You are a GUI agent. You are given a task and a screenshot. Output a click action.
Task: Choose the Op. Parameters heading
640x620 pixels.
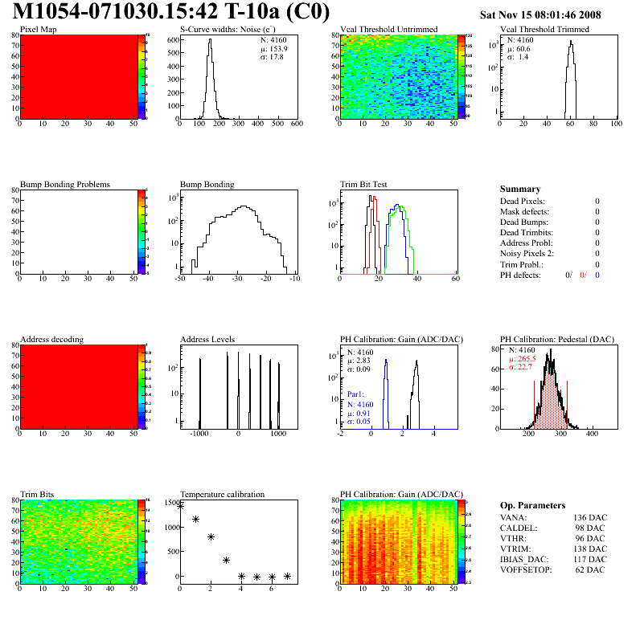(529, 504)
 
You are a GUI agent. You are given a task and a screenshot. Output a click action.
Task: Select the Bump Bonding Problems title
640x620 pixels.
(65, 185)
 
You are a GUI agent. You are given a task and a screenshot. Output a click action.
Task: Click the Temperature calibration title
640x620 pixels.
(223, 495)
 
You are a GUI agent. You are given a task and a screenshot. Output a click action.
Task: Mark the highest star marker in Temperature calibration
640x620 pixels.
(180, 507)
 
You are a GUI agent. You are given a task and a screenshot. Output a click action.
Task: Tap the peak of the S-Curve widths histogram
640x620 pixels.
(209, 40)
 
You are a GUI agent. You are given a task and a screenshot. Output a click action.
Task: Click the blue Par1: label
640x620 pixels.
(356, 395)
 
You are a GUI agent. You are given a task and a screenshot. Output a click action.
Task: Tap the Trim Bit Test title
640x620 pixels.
(364, 185)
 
